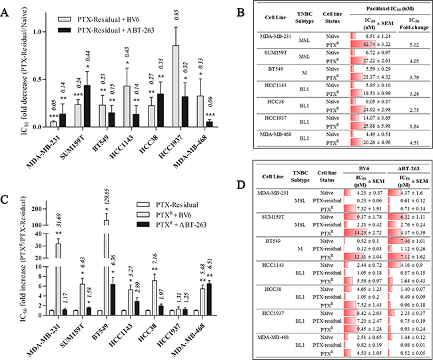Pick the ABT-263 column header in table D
[404, 169]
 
